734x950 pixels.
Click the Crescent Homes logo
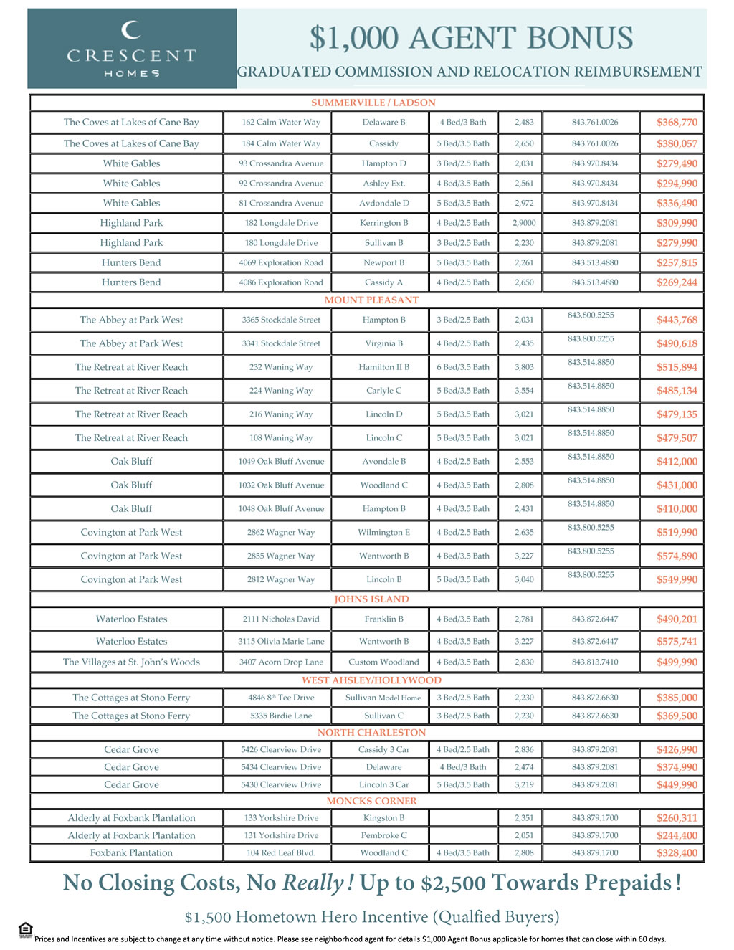pos(131,49)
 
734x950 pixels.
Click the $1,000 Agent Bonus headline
pos(471,38)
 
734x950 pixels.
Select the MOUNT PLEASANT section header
pos(371,300)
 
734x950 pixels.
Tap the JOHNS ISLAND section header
pos(371,599)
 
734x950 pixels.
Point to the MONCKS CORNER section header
pos(371,801)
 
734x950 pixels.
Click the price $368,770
pos(677,123)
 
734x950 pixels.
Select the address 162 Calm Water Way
pos(281,123)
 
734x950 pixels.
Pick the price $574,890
pos(677,556)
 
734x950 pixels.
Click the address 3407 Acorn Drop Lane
pos(281,662)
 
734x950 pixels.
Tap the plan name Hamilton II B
pos(384,367)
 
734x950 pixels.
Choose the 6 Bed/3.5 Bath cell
pos(463,367)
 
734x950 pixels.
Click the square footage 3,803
pos(524,367)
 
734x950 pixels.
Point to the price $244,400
pos(677,835)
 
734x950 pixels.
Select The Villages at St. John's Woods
pos(131,662)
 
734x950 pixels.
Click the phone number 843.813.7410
pos(595,662)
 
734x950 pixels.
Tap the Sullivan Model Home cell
pos(383,698)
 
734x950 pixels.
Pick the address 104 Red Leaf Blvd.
pos(281,852)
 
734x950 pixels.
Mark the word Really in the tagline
pos(313,883)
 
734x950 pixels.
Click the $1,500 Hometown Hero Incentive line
pos(371,917)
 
